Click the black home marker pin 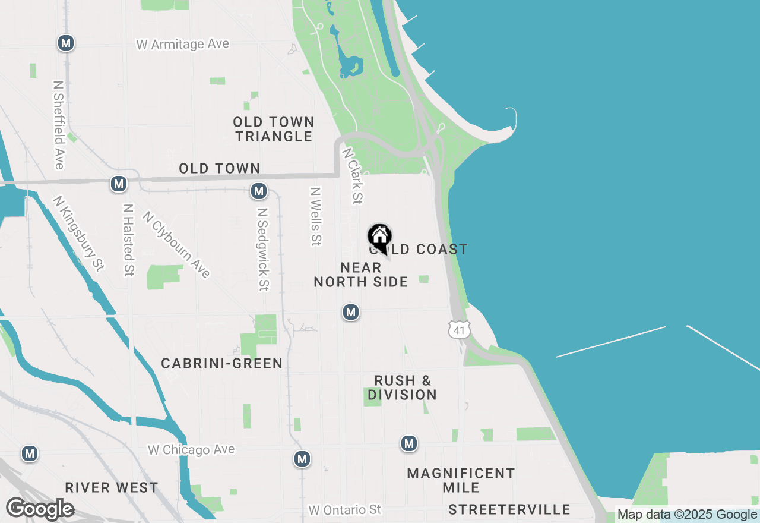click(379, 237)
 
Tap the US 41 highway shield click(460, 329)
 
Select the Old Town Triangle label click(273, 129)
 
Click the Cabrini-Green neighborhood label click(221, 363)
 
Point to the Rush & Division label click(403, 387)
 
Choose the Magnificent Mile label click(461, 480)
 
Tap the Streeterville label click(509, 509)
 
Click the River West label click(112, 488)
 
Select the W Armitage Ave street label click(182, 45)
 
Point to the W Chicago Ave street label click(191, 450)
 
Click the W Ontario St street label click(345, 510)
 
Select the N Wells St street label click(315, 217)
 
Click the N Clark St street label click(352, 176)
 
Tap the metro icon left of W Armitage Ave click(66, 43)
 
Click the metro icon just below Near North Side click(351, 312)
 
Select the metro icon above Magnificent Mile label click(408, 443)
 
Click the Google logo click(40, 509)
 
